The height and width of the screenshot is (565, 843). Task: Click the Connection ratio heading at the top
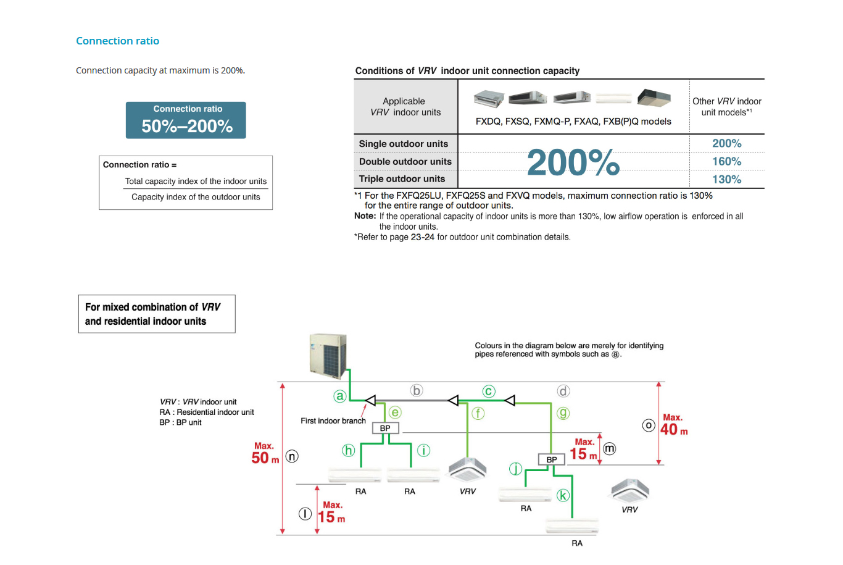point(117,41)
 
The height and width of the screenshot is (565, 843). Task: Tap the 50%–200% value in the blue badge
point(187,126)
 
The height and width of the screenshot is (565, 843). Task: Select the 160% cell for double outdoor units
point(726,161)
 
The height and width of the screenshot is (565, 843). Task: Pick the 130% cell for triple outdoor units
point(726,179)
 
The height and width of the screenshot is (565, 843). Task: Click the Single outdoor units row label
point(404,144)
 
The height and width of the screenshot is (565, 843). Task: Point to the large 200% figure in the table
point(573,162)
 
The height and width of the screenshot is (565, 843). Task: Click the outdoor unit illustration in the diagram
point(328,356)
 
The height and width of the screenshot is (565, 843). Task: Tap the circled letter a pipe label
point(339,396)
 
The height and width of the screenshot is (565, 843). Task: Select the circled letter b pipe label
point(417,390)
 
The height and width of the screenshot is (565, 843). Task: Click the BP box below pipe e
point(385,428)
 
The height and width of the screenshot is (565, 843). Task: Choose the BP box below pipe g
point(552,459)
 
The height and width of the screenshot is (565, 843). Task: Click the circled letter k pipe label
point(563,495)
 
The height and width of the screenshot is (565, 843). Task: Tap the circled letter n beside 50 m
point(292,456)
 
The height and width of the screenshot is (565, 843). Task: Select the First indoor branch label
point(333,421)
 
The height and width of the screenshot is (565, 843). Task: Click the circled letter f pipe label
point(478,413)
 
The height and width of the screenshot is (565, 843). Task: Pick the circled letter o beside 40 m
point(648,425)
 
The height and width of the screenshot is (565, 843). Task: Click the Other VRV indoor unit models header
point(726,106)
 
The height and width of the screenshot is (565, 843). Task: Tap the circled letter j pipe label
point(515,469)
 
